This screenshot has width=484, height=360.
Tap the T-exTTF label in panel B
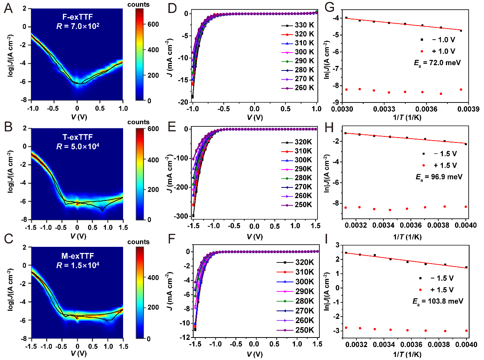[x=77, y=136]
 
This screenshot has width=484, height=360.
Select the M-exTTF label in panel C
[x=77, y=254]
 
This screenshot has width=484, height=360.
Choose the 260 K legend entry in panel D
[x=299, y=88]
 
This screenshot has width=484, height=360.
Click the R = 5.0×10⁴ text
[x=77, y=145]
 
